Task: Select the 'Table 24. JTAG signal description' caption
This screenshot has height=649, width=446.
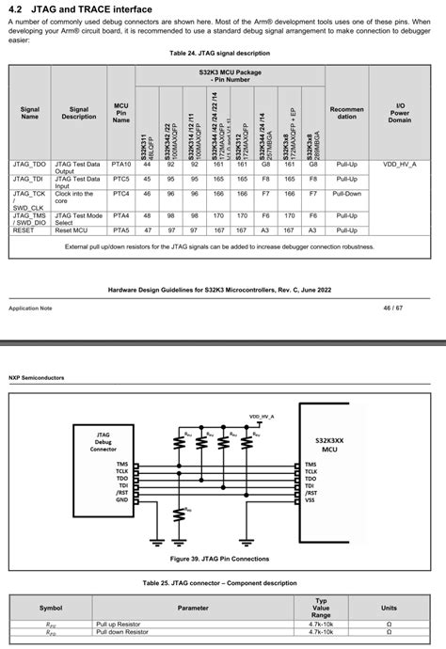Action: [222, 54]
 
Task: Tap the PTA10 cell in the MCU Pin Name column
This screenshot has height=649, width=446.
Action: [120, 164]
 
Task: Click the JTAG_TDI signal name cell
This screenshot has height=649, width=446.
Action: [29, 178]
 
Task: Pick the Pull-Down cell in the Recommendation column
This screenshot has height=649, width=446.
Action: [347, 193]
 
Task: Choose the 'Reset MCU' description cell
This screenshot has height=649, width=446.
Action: [74, 229]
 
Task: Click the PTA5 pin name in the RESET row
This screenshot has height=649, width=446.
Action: [120, 229]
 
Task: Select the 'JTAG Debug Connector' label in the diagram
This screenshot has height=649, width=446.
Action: [104, 442]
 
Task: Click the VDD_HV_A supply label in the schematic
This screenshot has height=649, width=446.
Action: [263, 415]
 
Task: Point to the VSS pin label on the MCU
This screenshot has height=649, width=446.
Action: [311, 499]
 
